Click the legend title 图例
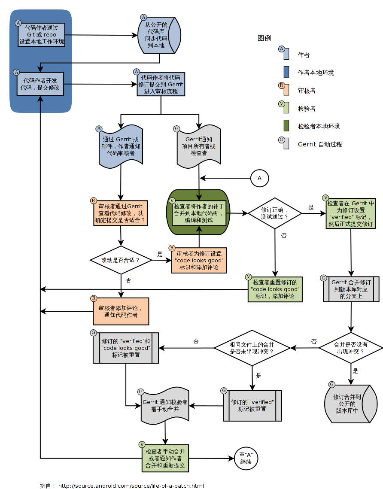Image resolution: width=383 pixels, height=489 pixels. coord(264,38)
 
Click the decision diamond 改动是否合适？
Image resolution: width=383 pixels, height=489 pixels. coord(121,260)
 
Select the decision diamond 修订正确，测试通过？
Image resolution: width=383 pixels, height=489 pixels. coord(275,213)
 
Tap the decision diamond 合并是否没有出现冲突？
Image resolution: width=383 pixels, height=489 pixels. coord(350,348)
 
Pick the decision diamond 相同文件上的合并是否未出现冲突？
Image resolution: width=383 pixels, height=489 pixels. coord(252,348)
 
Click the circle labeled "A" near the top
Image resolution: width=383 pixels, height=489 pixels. coord(259,178)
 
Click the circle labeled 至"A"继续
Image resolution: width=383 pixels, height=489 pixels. coord(246,458)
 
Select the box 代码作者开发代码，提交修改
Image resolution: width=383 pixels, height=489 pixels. coord(40,84)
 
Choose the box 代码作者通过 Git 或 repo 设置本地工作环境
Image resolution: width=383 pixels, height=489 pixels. coord(42,35)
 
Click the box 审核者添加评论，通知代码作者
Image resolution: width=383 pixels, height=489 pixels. coord(121,311)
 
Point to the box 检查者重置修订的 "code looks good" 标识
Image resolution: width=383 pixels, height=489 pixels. coord(275,289)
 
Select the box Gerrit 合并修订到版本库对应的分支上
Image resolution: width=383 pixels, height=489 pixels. coord(351,289)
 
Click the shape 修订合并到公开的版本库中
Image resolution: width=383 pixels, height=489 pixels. coord(350,404)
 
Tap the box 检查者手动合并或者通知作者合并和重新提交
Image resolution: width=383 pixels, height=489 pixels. coord(165,459)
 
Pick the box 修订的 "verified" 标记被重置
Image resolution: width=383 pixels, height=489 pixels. coord(252,405)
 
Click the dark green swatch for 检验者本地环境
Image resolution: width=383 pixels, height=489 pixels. coord(286,126)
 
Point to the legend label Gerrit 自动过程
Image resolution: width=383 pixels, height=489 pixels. coord(320,144)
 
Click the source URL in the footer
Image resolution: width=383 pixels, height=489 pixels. coord(131,486)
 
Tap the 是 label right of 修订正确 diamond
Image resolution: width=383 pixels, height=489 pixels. coord(311,207)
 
